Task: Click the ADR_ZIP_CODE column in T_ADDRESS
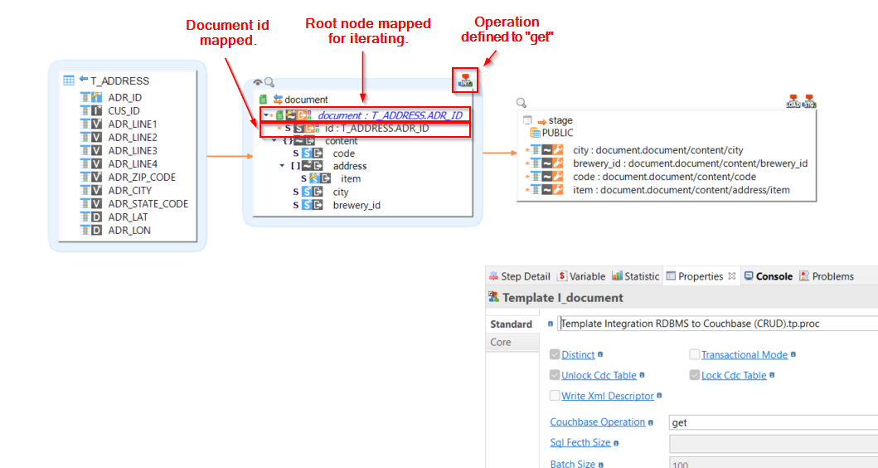tap(142, 177)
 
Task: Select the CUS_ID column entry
tap(124, 110)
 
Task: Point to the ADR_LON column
tap(129, 230)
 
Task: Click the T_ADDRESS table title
tap(119, 80)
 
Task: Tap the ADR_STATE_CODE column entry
tap(148, 203)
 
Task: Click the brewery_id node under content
tap(357, 205)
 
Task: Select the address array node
tap(349, 166)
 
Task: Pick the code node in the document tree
tap(343, 154)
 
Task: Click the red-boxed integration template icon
tap(466, 80)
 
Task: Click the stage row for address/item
tap(681, 190)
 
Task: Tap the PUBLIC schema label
tap(557, 133)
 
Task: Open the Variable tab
tap(586, 276)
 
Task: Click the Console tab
tap(774, 276)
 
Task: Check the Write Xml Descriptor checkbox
tap(555, 396)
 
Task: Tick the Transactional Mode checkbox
tap(695, 354)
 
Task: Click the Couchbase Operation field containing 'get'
tap(771, 422)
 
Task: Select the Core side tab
tap(501, 342)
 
